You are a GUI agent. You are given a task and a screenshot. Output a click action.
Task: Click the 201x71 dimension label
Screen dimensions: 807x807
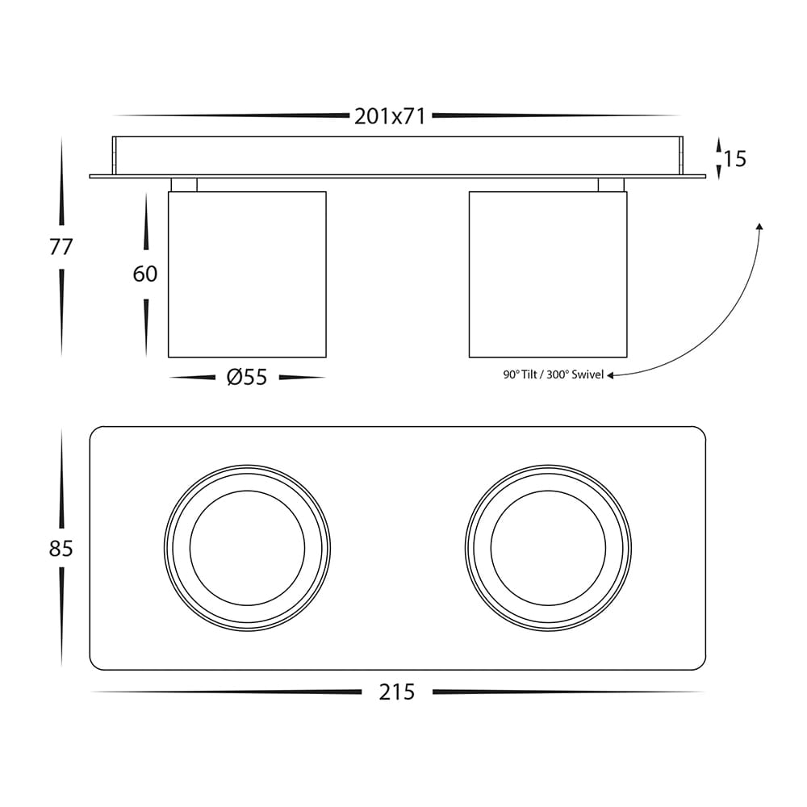click(390, 117)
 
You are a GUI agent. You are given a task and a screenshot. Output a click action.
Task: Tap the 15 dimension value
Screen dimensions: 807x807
click(735, 159)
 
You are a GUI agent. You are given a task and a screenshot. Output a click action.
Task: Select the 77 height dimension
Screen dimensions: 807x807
click(61, 247)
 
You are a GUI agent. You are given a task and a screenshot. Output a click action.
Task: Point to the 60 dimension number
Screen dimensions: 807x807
click(145, 274)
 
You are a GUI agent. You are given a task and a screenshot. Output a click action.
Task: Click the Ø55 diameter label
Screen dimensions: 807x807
click(247, 377)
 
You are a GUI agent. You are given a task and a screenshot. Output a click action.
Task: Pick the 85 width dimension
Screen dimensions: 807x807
click(61, 549)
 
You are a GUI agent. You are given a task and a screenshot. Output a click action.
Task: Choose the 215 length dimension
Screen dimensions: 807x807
click(397, 692)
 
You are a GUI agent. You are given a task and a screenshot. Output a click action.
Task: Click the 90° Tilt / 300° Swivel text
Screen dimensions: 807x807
click(554, 374)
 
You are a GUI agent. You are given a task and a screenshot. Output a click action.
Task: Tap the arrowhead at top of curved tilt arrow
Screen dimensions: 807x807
click(759, 227)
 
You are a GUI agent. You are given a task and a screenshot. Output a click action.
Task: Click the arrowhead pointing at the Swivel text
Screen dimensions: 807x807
click(610, 375)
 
